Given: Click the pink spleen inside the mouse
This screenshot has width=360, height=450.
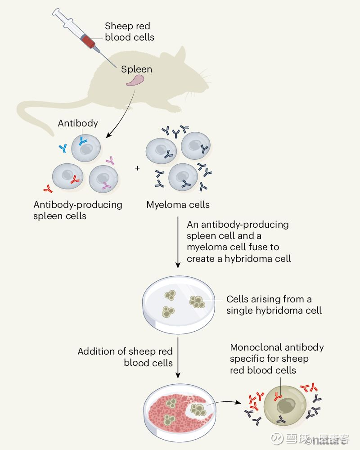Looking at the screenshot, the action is click(x=135, y=81).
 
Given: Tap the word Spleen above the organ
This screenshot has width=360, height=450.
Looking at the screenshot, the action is click(x=136, y=69).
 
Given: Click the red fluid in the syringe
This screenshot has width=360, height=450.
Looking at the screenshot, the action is click(x=88, y=41).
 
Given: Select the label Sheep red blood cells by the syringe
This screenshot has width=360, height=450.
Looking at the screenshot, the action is click(x=130, y=31).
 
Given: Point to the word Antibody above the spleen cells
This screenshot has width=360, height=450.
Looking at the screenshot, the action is click(x=78, y=123).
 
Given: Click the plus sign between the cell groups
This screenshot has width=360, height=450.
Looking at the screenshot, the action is click(x=138, y=168).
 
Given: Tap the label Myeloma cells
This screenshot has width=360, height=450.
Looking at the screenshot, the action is click(x=178, y=205).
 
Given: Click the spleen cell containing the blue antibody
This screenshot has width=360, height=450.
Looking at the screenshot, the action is click(x=86, y=148).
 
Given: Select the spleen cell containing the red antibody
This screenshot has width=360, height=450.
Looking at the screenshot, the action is click(x=68, y=176).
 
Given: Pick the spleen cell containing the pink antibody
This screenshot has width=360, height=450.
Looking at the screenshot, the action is click(x=103, y=179).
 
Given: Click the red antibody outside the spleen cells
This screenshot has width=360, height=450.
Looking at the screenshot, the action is click(x=48, y=189).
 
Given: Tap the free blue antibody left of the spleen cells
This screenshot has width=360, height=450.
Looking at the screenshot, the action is click(x=63, y=148).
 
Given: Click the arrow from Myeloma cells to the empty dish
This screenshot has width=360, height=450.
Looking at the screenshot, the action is click(x=178, y=242).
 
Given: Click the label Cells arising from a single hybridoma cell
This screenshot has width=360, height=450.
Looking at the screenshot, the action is click(x=274, y=305).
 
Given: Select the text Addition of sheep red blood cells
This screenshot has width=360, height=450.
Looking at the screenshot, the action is click(x=125, y=357).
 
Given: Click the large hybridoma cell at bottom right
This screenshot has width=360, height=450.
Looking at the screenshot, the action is click(x=285, y=406).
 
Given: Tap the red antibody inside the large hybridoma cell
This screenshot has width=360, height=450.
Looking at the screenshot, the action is click(x=278, y=396).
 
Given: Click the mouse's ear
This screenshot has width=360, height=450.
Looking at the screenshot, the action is click(x=181, y=54).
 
